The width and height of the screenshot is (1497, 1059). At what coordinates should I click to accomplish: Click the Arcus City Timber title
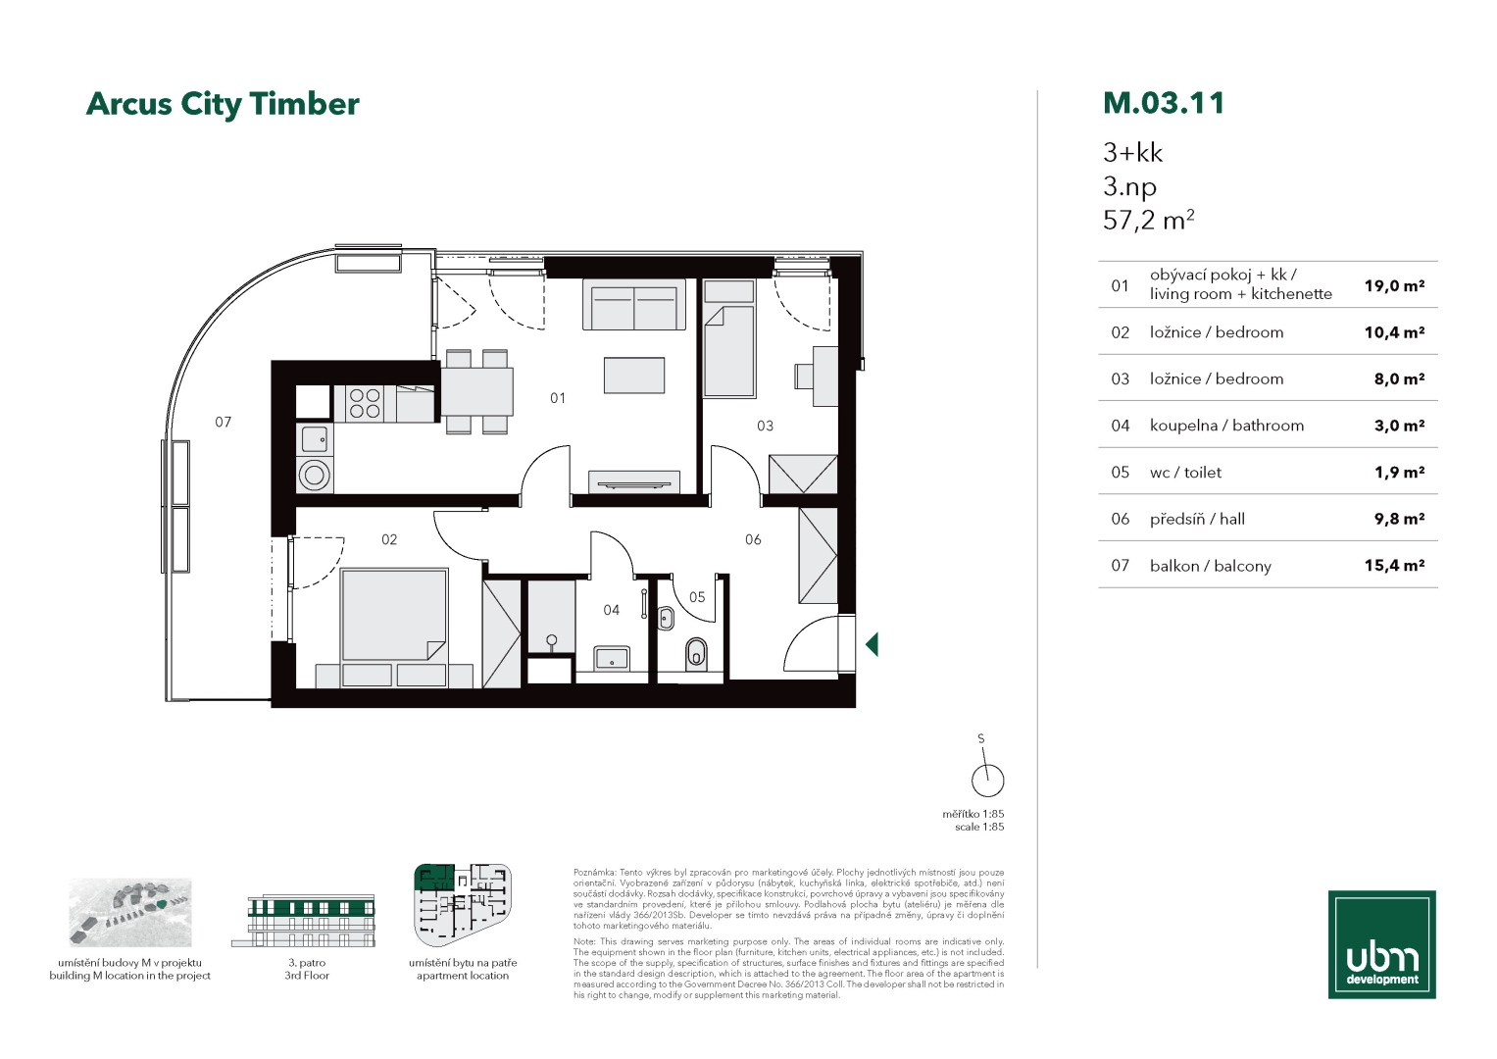tap(223, 104)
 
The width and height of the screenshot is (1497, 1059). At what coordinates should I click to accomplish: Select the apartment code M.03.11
tap(1164, 103)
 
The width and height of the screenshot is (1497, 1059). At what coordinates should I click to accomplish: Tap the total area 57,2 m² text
tap(1149, 220)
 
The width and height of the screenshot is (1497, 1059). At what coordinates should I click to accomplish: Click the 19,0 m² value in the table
tap(1394, 285)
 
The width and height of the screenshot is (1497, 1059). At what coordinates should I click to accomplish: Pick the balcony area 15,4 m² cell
tap(1394, 566)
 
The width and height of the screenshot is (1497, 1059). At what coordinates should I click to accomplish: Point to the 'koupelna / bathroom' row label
tap(1226, 426)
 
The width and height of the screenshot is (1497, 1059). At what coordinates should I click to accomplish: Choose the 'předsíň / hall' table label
tap(1197, 519)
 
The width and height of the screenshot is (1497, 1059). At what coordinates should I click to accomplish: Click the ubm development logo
tap(1382, 944)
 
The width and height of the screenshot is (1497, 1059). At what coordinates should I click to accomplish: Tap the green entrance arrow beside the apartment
tap(872, 644)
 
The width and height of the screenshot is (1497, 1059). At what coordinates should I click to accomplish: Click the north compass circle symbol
tap(988, 781)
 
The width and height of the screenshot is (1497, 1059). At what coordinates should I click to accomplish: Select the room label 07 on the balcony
tap(224, 422)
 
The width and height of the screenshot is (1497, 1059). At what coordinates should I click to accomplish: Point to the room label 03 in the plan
tap(766, 426)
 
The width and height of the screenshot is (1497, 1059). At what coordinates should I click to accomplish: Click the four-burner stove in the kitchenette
tap(365, 403)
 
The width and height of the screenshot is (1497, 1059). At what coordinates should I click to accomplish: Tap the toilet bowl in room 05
tap(696, 653)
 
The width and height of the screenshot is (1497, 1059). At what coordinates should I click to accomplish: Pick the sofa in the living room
tap(634, 304)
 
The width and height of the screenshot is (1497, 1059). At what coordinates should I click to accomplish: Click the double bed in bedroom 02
tap(394, 615)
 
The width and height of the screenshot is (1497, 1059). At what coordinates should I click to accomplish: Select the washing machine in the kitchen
tap(315, 476)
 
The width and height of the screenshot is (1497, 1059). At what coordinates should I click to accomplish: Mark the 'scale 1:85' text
tap(979, 827)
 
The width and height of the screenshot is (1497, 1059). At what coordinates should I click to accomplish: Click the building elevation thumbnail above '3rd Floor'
tap(303, 920)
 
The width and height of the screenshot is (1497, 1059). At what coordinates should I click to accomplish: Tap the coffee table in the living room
tap(634, 375)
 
